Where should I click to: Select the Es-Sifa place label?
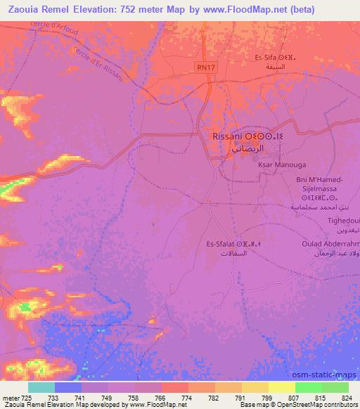(x=266, y=58)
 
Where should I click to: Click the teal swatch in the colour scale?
(x=41, y=387)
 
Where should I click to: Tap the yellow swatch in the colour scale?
(x=281, y=387)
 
